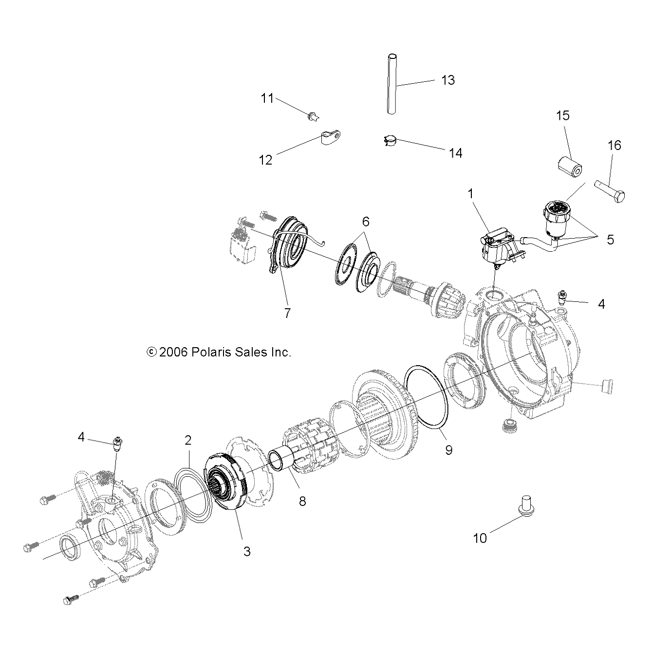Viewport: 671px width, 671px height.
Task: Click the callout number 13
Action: (x=447, y=80)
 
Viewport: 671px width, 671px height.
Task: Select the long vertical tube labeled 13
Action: (x=391, y=85)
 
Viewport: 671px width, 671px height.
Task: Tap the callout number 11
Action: (x=267, y=98)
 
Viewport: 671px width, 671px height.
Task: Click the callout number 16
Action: (x=615, y=145)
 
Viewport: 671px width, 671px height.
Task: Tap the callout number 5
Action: (x=610, y=240)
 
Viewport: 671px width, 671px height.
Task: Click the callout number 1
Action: (x=471, y=194)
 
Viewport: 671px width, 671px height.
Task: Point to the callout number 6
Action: (x=365, y=222)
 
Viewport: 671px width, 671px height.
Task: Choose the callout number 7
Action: (x=287, y=314)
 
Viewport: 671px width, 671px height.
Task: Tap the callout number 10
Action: (x=480, y=538)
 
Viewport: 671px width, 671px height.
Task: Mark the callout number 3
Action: (x=247, y=551)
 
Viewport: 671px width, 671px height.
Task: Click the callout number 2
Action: (x=188, y=440)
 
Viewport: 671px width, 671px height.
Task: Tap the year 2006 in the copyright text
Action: (x=174, y=352)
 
